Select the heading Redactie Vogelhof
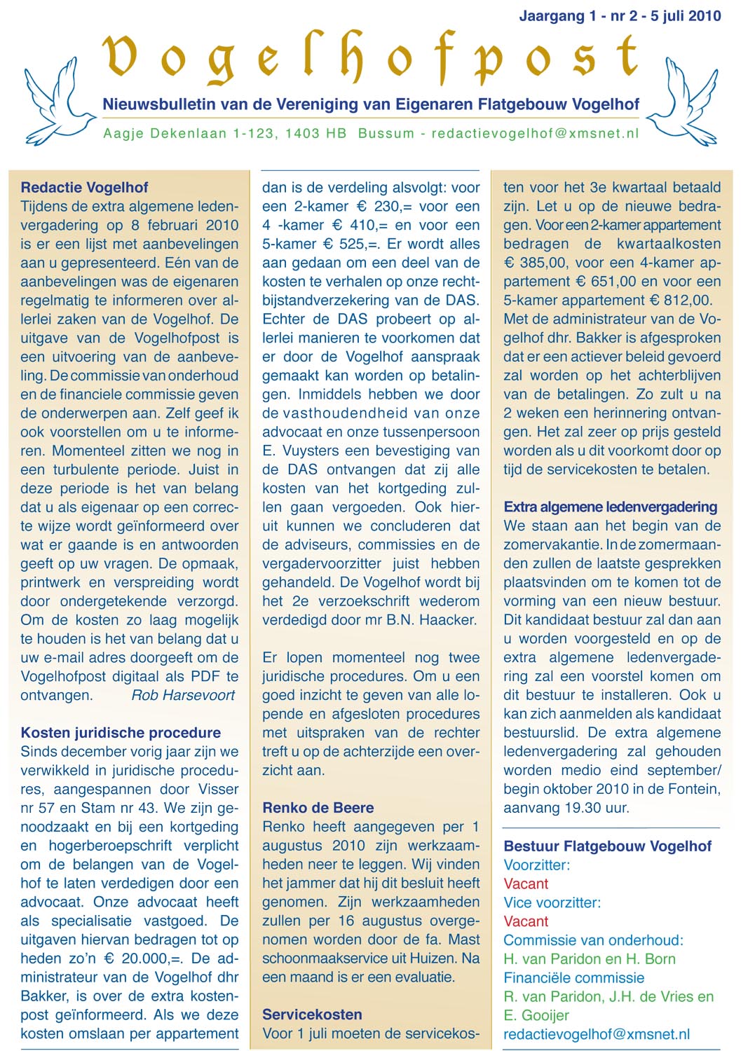[x=84, y=187]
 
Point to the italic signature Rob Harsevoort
[x=183, y=695]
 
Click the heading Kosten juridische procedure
[x=121, y=733]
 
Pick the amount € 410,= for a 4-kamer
[x=353, y=226]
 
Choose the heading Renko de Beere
[x=318, y=808]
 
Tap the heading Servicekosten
[x=312, y=1015]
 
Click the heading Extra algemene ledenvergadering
[x=610, y=507]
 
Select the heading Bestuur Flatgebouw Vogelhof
[x=607, y=846]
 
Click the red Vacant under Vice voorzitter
[x=526, y=921]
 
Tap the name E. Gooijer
[x=536, y=1015]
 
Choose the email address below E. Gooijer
[x=597, y=1034]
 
